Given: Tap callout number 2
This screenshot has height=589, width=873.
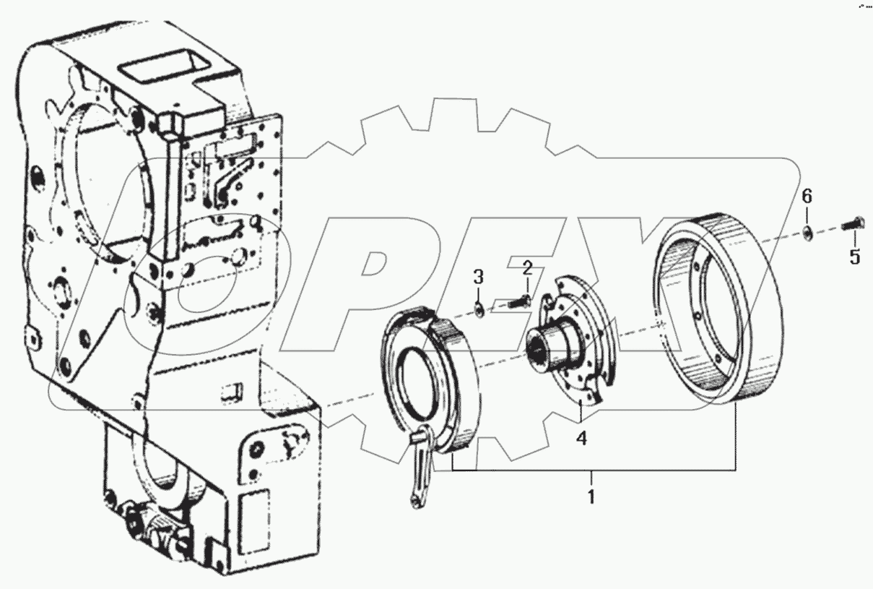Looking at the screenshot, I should [527, 269].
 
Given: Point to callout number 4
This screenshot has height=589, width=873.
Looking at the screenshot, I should [581, 437].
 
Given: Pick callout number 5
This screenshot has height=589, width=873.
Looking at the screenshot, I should [854, 257].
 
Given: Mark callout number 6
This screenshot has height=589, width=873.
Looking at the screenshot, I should [807, 195].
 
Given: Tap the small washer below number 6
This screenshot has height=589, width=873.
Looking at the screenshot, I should [808, 231].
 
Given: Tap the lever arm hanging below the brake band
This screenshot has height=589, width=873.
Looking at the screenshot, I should [418, 470].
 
